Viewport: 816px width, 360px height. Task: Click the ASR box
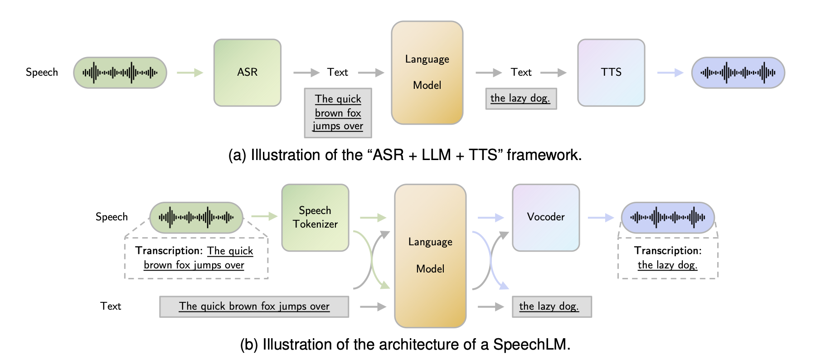[247, 73]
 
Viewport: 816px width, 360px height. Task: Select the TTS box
[611, 73]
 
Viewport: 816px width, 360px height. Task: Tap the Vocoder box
[546, 217]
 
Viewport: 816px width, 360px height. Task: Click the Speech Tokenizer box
[315, 217]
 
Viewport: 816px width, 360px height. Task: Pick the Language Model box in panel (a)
[427, 73]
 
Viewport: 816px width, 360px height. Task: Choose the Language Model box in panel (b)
[430, 255]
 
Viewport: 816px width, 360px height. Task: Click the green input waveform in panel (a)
[120, 73]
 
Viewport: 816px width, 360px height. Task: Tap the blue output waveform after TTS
[738, 73]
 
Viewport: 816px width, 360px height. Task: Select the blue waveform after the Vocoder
[667, 218]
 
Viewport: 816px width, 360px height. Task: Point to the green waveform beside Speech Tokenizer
[196, 218]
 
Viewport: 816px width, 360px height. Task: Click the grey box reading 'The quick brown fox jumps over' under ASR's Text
[338, 113]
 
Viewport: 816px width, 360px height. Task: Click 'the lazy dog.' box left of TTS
[520, 98]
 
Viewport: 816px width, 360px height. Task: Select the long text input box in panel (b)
[254, 306]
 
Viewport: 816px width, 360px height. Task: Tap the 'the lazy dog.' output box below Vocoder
[551, 306]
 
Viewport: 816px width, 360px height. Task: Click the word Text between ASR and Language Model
[337, 73]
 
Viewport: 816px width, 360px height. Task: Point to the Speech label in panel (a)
[42, 73]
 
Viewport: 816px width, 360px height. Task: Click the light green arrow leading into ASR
[189, 73]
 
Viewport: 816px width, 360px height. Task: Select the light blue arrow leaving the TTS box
[670, 73]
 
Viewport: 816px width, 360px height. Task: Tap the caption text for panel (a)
[404, 155]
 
